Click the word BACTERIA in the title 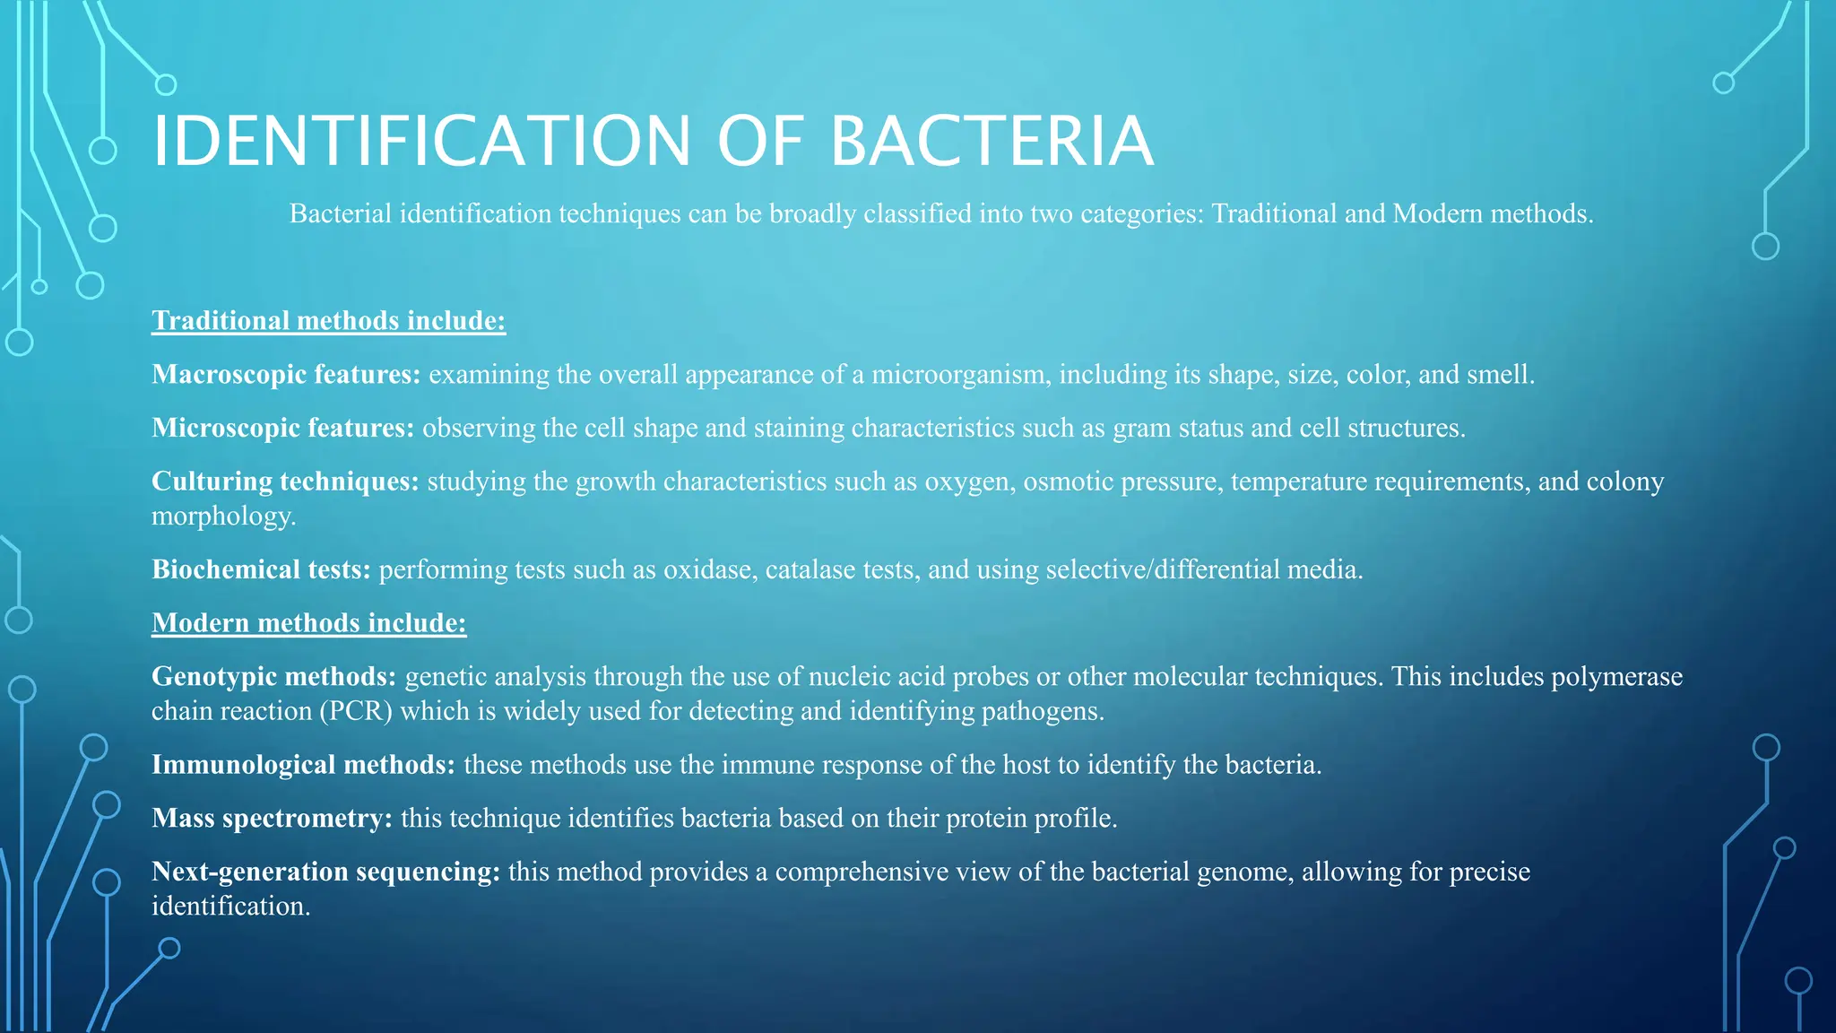(x=992, y=141)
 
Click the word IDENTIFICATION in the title (x=421, y=141)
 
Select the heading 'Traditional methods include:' (x=328, y=321)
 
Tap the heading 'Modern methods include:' (x=308, y=623)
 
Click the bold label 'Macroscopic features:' (x=286, y=375)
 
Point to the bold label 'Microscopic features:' (x=282, y=429)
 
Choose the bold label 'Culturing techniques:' (x=285, y=482)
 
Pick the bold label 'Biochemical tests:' (x=261, y=569)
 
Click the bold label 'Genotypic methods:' (x=273, y=676)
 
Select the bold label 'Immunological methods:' (x=303, y=765)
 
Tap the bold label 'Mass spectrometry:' (x=272, y=819)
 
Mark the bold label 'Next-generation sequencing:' (x=325, y=872)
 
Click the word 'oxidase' (x=705, y=569)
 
